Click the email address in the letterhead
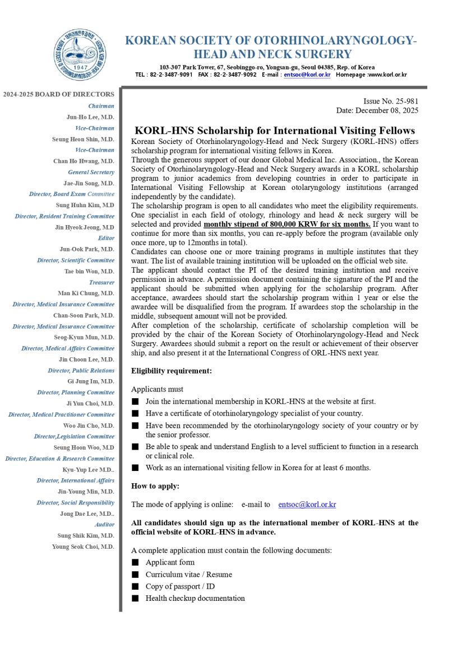tap(307, 74)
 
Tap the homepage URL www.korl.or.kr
tap(387, 74)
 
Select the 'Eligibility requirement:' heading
tap(172, 371)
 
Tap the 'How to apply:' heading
tap(155, 486)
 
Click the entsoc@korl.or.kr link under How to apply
tap(307, 505)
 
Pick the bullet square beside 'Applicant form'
tap(135, 562)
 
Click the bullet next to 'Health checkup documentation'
tap(135, 598)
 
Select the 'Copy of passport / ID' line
tap(180, 586)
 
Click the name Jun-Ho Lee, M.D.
tap(90, 117)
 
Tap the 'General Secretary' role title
tap(91, 172)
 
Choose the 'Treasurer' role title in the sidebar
tap(101, 282)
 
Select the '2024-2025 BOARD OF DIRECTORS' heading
tap(58, 94)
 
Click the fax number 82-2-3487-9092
tap(235, 74)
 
